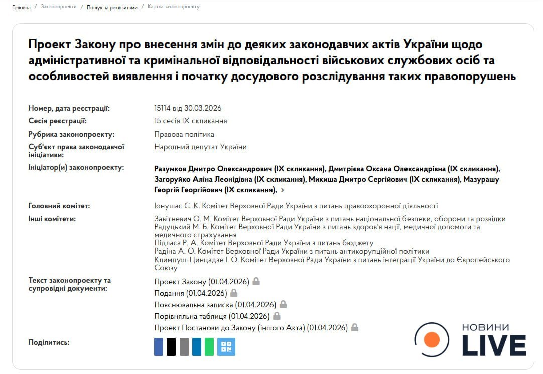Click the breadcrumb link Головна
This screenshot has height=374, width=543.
21,7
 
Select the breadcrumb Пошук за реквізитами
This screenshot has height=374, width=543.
111,7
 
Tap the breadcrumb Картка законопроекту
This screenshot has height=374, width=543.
173,7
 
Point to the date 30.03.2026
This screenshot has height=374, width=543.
203,108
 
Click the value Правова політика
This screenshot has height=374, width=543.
184,134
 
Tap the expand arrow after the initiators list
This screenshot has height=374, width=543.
283,190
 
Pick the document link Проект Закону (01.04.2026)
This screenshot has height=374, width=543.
202,282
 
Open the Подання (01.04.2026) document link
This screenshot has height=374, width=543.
191,293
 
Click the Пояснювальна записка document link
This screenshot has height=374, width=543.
215,305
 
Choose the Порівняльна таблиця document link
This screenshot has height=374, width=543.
212,316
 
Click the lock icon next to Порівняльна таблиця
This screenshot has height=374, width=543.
277,316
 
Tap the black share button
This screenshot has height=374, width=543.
171,347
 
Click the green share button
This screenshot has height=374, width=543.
209,347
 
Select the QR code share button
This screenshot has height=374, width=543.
226,347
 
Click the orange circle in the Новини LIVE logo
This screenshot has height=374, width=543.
432,340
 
